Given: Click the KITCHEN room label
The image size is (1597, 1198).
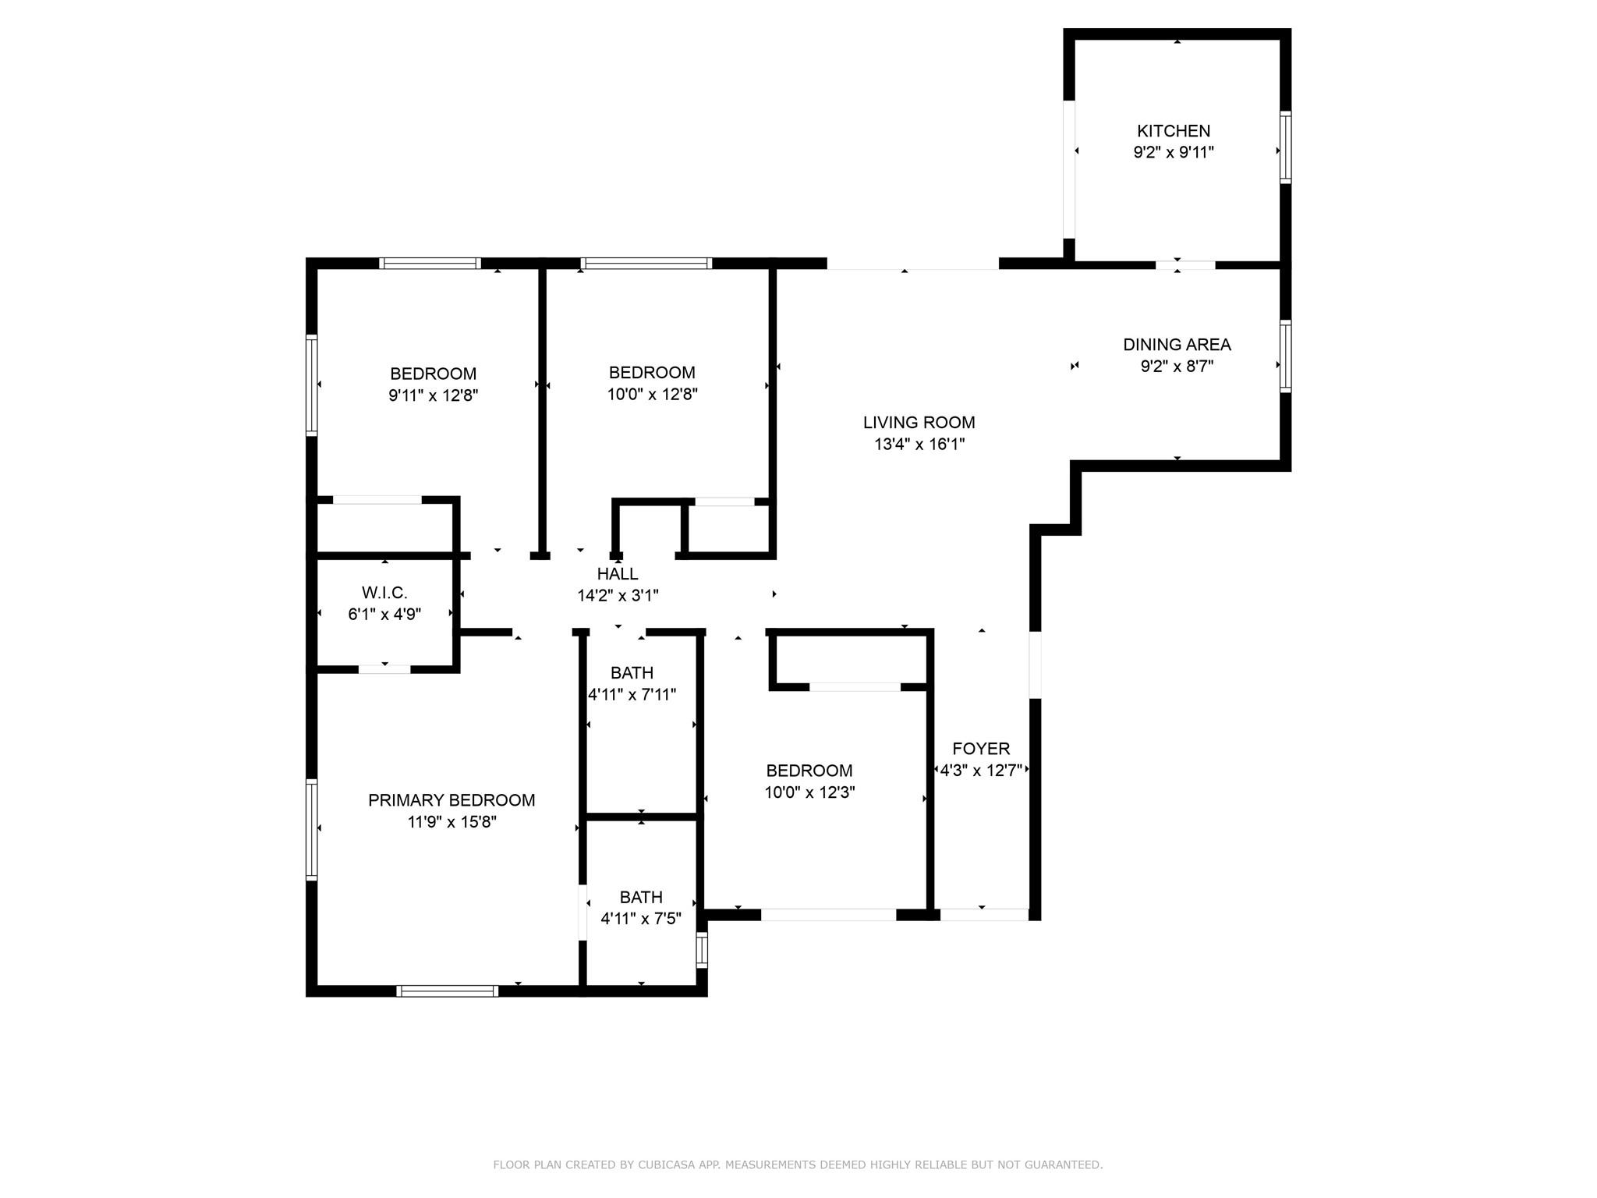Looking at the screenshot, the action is (x=1174, y=131).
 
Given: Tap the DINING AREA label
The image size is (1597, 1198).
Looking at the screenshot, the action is (x=1177, y=345).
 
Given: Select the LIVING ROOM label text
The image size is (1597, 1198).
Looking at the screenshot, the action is (x=919, y=423).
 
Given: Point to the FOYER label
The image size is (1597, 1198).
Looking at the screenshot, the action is (x=981, y=749).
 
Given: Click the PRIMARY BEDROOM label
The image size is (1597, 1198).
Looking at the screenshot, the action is (x=451, y=800).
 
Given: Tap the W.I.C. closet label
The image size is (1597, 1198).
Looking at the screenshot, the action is (x=384, y=593).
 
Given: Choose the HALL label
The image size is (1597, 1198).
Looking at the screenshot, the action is (x=618, y=574).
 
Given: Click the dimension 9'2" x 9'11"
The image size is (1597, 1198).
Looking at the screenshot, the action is (x=1174, y=153).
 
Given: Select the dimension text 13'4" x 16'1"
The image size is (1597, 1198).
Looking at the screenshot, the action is (x=919, y=445).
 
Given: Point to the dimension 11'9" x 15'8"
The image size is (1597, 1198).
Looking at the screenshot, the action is (x=451, y=822).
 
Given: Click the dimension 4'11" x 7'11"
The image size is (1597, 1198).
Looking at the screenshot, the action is (x=632, y=694).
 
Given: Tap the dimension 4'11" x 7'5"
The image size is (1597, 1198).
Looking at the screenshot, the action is (x=641, y=919).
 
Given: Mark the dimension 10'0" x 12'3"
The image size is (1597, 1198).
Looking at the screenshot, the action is (x=809, y=792).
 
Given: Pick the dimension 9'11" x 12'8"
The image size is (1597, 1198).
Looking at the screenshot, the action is (x=433, y=395).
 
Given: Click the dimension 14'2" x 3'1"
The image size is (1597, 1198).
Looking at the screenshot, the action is (x=618, y=596).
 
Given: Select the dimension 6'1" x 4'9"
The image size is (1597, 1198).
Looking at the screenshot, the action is (x=384, y=615).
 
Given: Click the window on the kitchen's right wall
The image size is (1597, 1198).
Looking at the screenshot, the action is (x=1285, y=147).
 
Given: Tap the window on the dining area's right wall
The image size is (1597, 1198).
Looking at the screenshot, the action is (x=1285, y=356).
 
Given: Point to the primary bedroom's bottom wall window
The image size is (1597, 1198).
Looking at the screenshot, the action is (x=447, y=991).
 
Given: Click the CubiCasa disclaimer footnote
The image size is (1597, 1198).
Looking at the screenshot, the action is (x=798, y=1165).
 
